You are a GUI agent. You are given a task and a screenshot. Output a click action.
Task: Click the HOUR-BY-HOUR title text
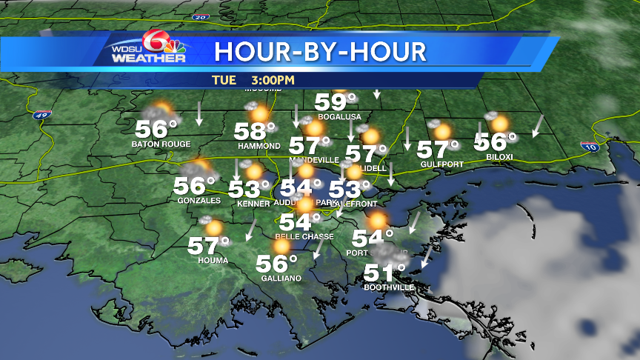tap(320, 52)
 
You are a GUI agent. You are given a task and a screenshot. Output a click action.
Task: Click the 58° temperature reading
tap(250, 131)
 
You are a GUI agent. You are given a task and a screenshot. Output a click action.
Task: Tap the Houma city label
tap(211, 260)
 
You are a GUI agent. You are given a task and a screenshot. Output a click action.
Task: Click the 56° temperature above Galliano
tap(276, 263)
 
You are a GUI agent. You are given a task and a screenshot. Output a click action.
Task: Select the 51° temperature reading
tap(384, 273)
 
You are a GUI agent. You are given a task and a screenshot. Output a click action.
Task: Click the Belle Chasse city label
tap(304, 236)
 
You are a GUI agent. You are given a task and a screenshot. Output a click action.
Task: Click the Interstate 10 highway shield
tap(589, 147)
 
